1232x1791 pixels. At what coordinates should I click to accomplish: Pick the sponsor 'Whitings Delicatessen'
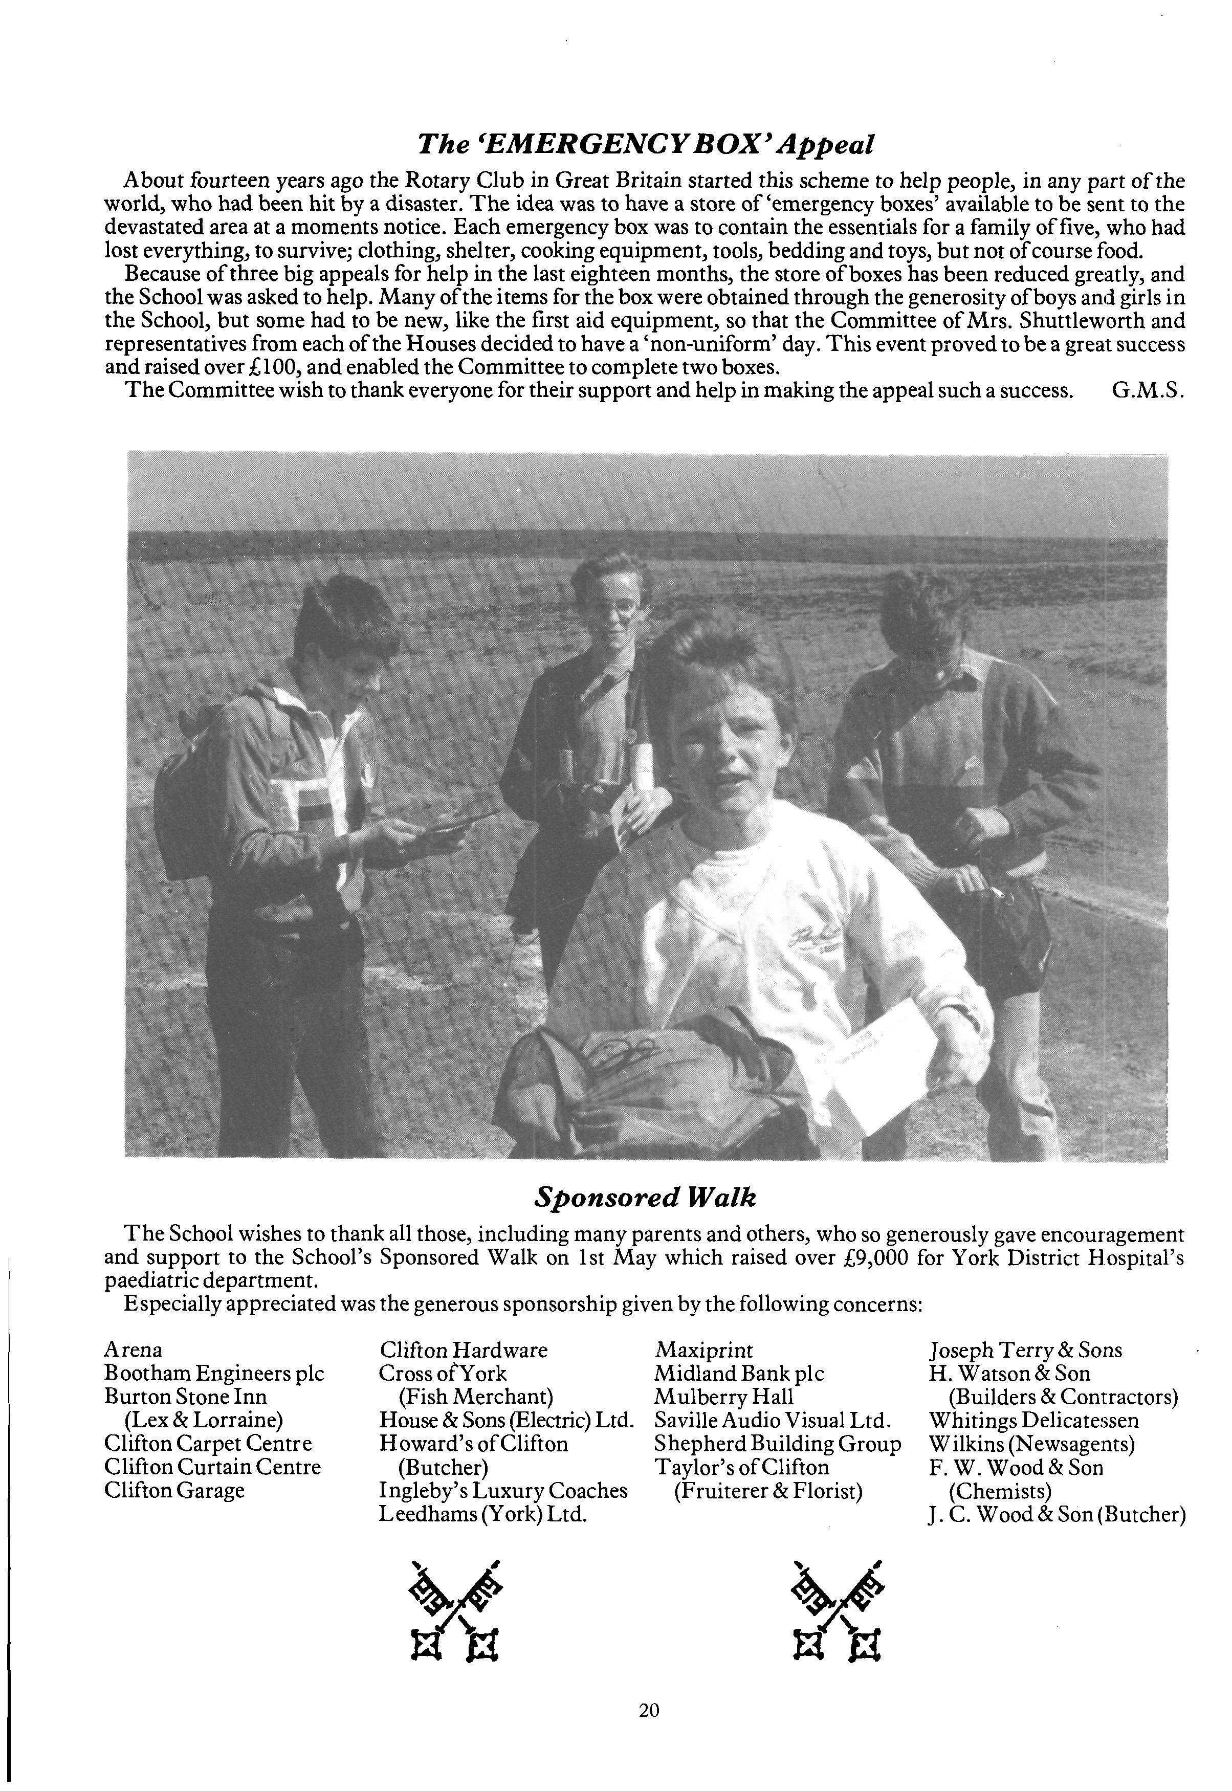tap(1033, 1421)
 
